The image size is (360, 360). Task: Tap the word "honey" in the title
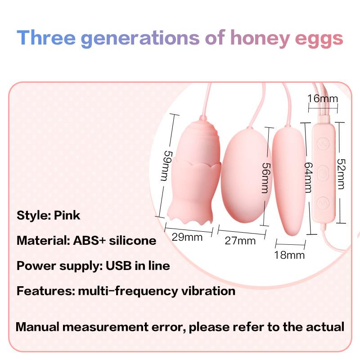(x=260, y=38)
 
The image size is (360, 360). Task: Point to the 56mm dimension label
(x=267, y=177)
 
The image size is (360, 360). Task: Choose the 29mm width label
(x=187, y=236)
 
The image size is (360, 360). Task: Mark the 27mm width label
(x=240, y=240)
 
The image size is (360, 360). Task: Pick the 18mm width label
(x=289, y=255)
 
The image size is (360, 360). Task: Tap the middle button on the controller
(x=323, y=172)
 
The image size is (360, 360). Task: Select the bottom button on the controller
(x=323, y=203)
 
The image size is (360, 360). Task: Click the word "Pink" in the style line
(x=67, y=215)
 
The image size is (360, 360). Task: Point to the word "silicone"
(x=132, y=240)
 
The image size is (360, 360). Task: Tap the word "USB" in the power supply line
(x=119, y=265)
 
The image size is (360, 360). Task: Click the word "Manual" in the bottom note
(x=38, y=326)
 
